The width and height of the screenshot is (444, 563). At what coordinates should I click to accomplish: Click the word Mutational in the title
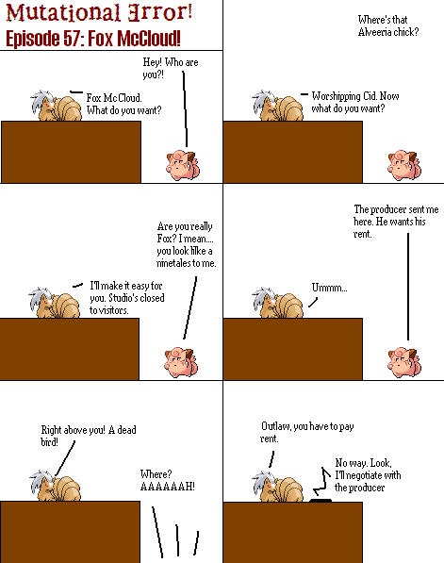coord(63,12)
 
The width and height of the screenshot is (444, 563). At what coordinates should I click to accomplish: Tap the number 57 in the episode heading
coord(73,38)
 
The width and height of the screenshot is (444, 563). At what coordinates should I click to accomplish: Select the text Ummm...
coord(329,288)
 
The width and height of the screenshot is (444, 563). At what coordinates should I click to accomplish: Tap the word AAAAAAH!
coord(167,487)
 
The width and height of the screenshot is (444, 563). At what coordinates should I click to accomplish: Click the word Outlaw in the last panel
coord(275,426)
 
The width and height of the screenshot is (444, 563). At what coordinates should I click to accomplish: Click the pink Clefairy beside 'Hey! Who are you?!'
coord(183,165)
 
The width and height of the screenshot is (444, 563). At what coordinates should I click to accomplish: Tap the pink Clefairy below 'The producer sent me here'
coord(404,363)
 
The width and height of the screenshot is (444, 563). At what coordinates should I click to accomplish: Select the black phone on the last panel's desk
coord(321,500)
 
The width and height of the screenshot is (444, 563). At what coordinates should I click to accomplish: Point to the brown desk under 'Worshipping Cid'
coord(293,152)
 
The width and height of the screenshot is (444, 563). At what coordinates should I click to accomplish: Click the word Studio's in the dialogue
coord(123,298)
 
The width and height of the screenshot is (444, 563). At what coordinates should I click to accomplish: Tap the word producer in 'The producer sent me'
coord(388,209)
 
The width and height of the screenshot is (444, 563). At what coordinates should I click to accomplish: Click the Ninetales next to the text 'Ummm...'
coord(277,303)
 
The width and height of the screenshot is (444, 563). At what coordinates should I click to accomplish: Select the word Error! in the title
coord(160,12)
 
